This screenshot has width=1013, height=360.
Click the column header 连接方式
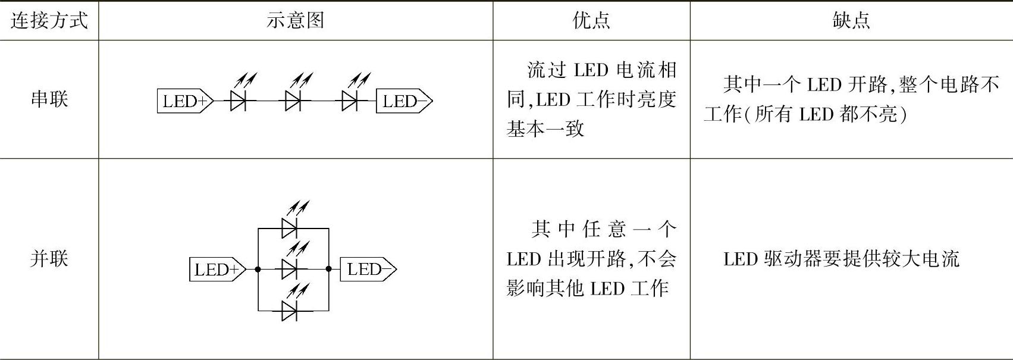(49, 21)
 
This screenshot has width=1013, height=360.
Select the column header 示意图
(295, 21)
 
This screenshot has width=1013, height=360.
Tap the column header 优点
(591, 21)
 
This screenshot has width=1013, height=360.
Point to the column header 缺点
(851, 21)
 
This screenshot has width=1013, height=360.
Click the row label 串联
(49, 99)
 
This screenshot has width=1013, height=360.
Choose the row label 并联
(49, 259)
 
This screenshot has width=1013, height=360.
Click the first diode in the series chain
(239, 101)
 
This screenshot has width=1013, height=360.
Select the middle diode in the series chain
(293, 101)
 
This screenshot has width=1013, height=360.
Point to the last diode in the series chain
(350, 101)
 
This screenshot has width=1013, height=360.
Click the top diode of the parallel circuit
(290, 228)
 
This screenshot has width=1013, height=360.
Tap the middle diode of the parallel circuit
(290, 269)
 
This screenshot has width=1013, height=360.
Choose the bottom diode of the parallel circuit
(290, 310)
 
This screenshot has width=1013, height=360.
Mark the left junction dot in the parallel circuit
(258, 270)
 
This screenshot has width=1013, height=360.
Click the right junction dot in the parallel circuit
(329, 270)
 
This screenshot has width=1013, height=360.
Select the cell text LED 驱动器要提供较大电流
(841, 259)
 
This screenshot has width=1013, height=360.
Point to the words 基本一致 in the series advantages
(545, 129)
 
